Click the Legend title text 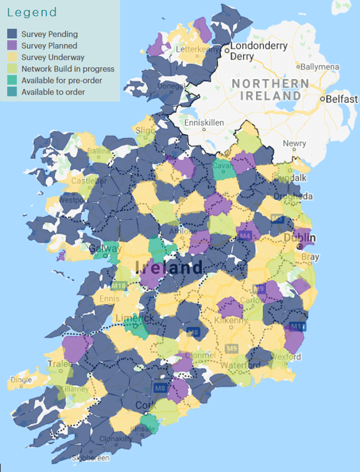click(x=32, y=13)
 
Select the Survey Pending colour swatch click(x=12, y=34)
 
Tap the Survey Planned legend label click(x=49, y=46)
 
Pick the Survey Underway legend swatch click(x=12, y=57)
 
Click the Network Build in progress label click(x=68, y=69)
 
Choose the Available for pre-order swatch click(x=12, y=80)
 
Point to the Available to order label click(x=53, y=92)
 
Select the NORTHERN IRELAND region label click(x=266, y=90)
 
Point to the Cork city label click(x=146, y=405)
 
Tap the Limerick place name click(x=134, y=318)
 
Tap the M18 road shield click(x=119, y=285)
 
